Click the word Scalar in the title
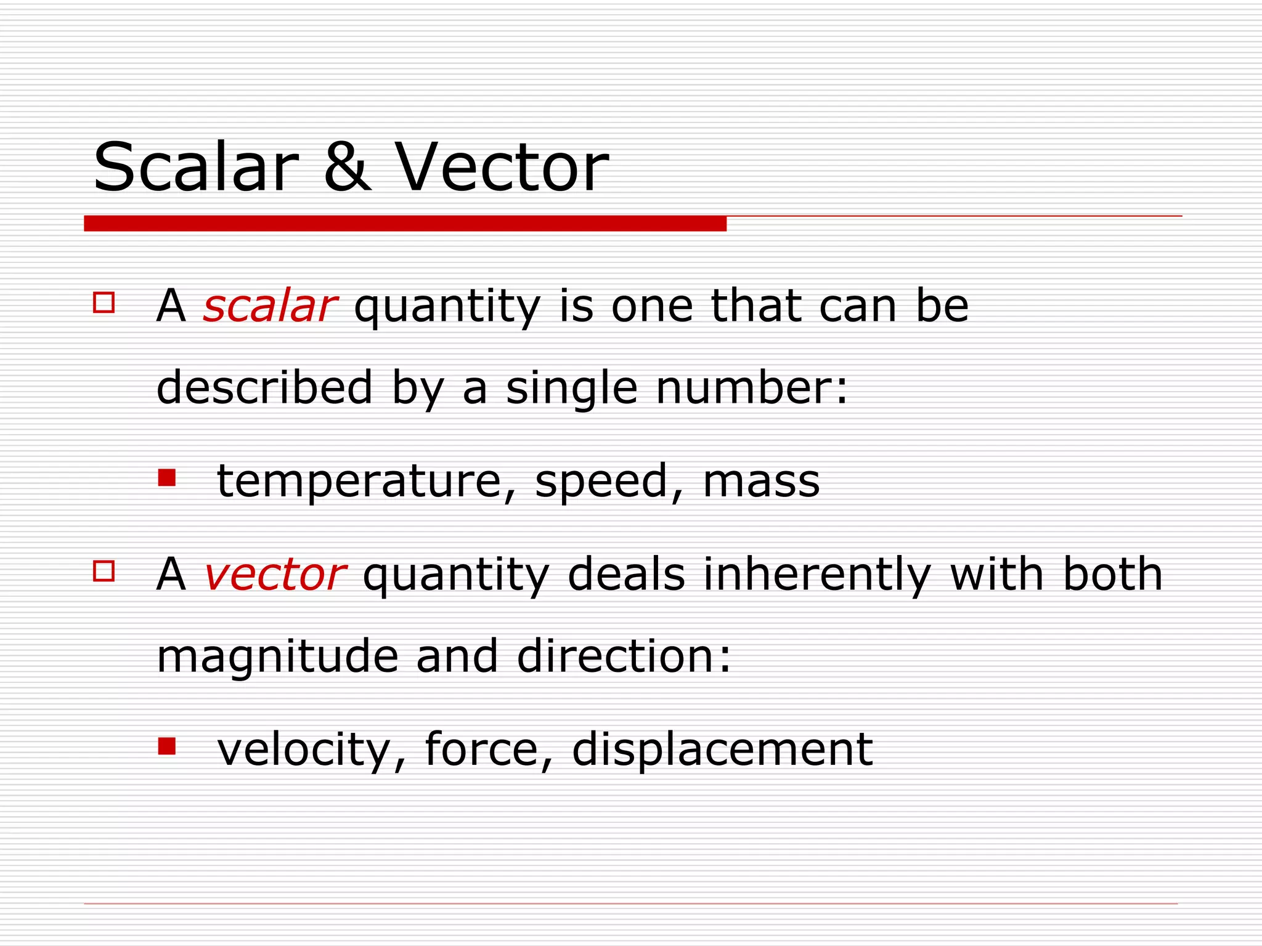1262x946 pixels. (196, 168)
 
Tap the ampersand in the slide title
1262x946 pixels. (347, 168)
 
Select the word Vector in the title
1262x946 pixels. (502, 168)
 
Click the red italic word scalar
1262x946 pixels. (269, 306)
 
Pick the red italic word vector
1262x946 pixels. (274, 575)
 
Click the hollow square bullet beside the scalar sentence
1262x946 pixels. (104, 302)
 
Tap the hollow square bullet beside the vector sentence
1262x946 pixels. (104, 571)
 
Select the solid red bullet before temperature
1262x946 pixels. (166, 477)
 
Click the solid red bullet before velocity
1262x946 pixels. (166, 746)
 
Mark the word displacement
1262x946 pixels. (722, 750)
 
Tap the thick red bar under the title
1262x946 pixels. (405, 224)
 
